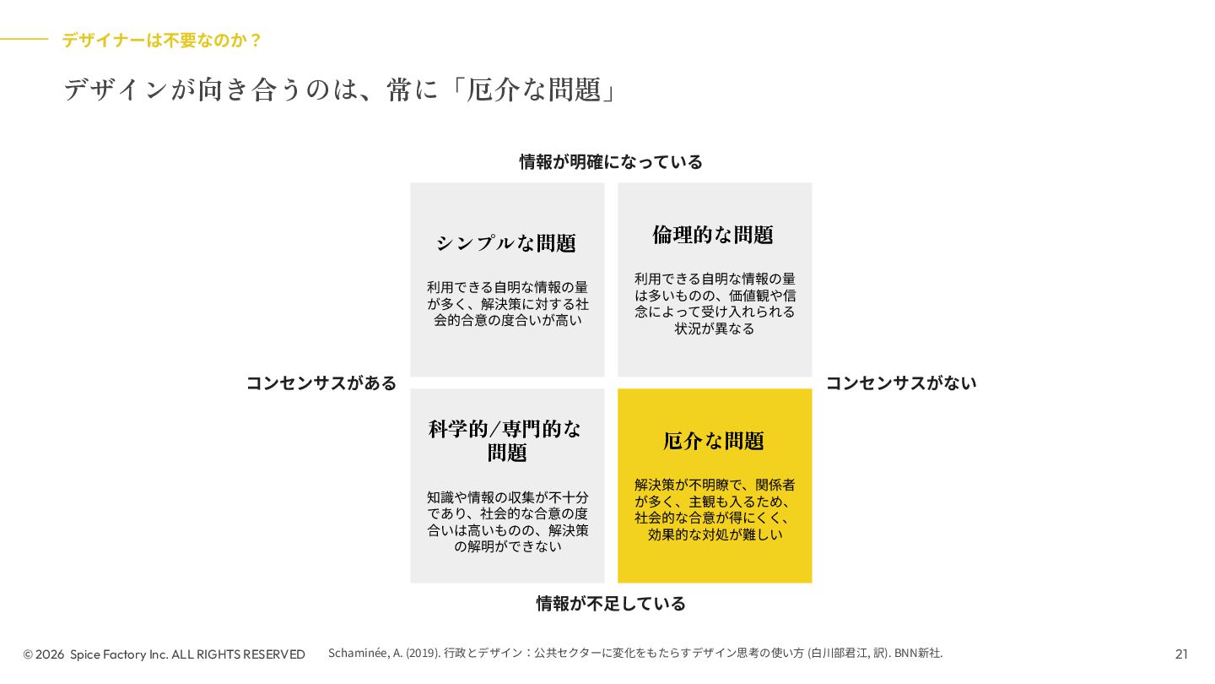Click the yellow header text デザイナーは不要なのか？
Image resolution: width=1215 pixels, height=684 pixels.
click(162, 40)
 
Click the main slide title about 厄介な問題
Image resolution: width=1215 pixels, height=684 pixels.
click(339, 90)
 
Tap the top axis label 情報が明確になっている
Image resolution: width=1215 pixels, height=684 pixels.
click(611, 161)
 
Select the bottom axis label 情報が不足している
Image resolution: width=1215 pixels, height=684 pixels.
click(611, 604)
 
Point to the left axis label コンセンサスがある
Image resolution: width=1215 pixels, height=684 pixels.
click(321, 383)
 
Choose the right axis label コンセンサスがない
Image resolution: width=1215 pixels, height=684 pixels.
click(900, 383)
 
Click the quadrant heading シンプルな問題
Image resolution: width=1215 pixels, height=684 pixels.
click(506, 243)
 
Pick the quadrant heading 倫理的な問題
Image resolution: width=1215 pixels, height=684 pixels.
click(713, 235)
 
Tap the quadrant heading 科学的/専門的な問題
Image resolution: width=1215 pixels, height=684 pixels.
click(506, 440)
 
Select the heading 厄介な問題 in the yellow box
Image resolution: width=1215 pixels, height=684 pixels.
click(714, 441)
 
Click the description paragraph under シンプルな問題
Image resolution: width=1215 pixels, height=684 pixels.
click(507, 304)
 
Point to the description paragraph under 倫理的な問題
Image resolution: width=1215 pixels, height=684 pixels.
click(715, 304)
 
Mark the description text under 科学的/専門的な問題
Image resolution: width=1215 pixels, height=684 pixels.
click(507, 522)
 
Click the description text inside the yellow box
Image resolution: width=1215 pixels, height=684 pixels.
click(715, 510)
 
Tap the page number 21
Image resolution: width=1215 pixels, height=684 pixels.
click(1181, 654)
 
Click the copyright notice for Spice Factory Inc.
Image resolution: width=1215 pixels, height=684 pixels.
click(165, 654)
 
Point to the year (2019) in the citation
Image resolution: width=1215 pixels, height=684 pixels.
click(423, 653)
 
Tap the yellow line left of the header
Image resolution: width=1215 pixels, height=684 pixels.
click(24, 39)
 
